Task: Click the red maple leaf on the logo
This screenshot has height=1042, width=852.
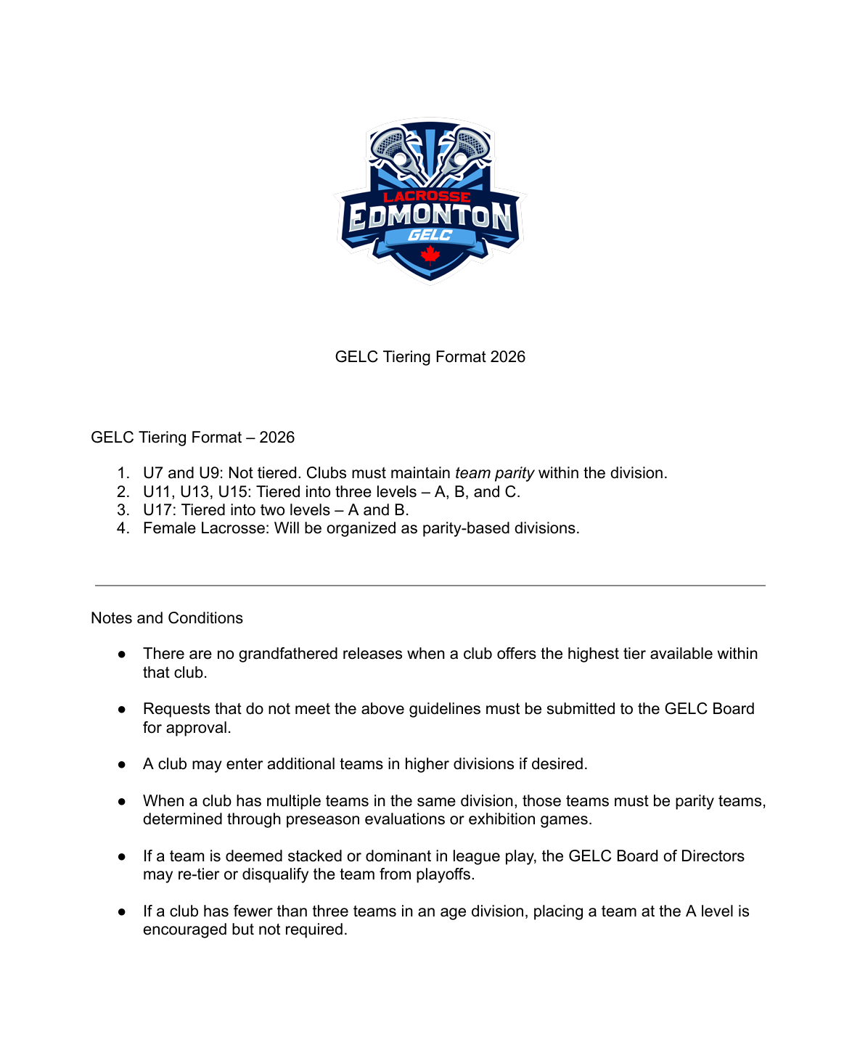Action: pos(430,255)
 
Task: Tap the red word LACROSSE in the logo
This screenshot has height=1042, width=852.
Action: pos(427,197)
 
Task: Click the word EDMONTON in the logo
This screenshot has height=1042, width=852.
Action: pos(430,216)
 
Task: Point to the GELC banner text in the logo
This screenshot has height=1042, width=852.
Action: pos(430,235)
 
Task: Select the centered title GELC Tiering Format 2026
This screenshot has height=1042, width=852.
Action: pos(430,357)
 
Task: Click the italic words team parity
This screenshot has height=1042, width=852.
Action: pos(494,473)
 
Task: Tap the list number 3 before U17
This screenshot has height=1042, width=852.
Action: pos(123,510)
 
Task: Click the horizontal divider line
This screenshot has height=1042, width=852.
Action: pos(430,585)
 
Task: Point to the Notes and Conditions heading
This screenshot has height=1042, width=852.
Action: pos(167,618)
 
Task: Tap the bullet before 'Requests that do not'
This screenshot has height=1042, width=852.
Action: pos(123,709)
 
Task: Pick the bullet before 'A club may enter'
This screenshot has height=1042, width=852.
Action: pos(123,764)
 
